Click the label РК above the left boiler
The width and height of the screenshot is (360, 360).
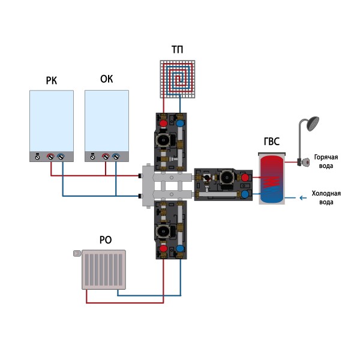click(51, 80)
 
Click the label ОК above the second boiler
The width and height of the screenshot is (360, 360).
click(106, 80)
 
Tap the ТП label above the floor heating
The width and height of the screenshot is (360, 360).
click(177, 50)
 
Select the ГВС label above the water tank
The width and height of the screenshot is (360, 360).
click(272, 143)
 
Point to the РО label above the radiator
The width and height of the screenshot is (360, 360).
click(105, 240)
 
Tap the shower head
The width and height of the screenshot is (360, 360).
click(312, 124)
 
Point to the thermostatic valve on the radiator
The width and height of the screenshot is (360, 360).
click(76, 254)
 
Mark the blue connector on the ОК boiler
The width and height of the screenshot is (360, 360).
click(116, 157)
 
